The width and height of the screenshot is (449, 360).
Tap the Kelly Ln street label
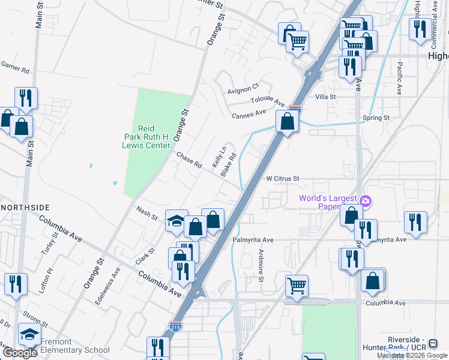coord(219,157)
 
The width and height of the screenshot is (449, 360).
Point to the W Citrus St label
coord(283,178)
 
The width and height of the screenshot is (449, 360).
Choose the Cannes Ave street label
coord(249,113)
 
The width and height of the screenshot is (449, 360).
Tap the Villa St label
coord(325,96)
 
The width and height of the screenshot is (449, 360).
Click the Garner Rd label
coord(15,67)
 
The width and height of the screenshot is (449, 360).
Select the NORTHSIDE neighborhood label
coord(25,207)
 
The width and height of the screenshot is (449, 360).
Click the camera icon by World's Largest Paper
coord(366,200)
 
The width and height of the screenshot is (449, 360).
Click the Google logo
coord(20,353)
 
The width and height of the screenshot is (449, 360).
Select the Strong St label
coord(35,316)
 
